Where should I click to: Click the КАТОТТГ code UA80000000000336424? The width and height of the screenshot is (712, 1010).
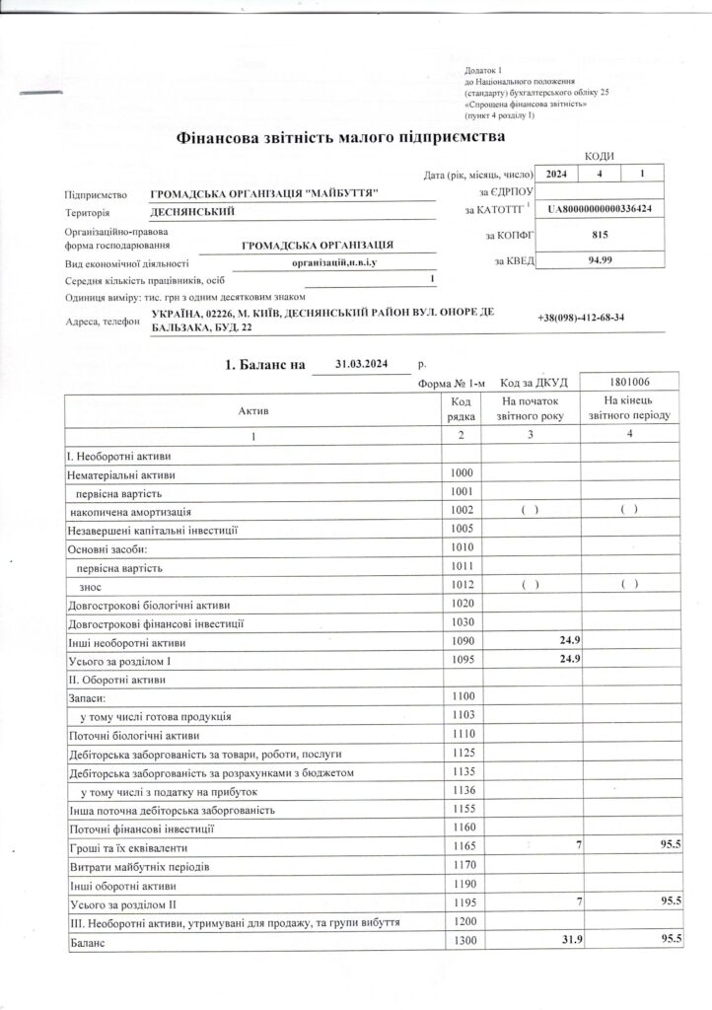click(x=605, y=210)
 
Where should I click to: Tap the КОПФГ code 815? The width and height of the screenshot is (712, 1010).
click(x=605, y=237)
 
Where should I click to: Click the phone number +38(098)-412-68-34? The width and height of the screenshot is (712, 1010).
click(x=582, y=318)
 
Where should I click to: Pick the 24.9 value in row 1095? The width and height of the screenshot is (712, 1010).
click(x=568, y=661)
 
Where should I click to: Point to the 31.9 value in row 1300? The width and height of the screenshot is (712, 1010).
click(x=566, y=943)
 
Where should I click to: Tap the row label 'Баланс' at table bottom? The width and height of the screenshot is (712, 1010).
click(x=85, y=943)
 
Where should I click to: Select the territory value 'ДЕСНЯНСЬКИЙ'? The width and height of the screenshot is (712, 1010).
click(x=192, y=212)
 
